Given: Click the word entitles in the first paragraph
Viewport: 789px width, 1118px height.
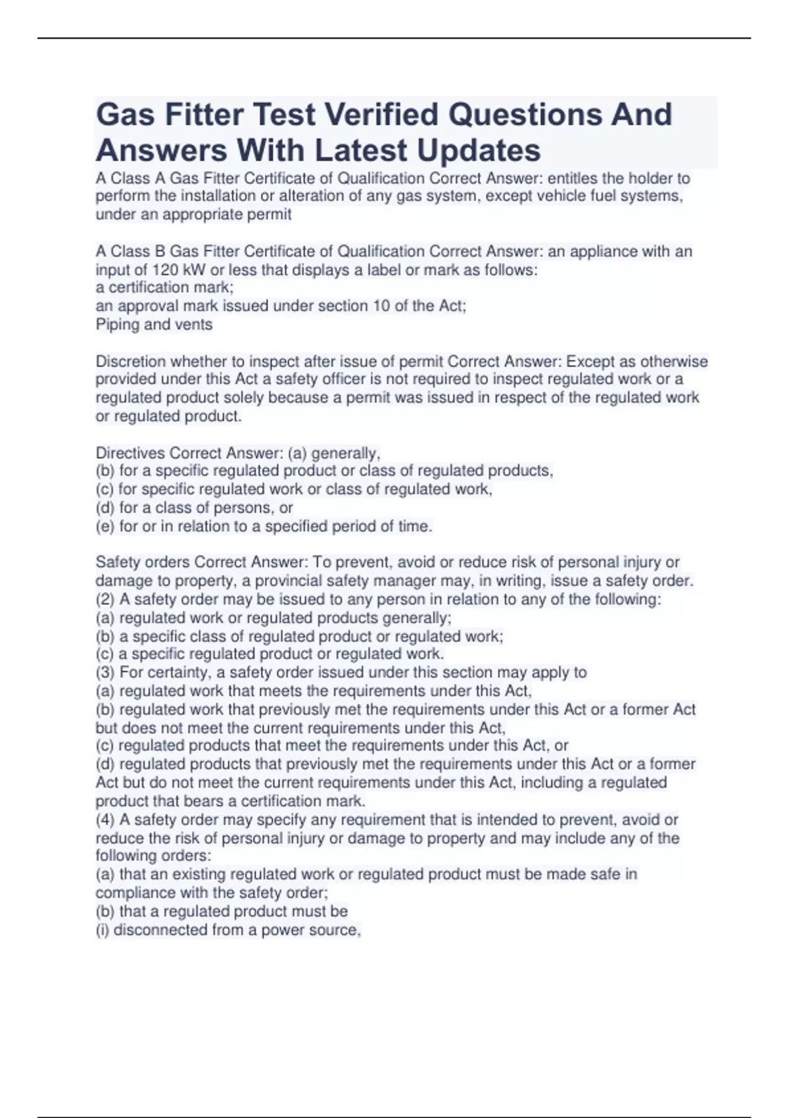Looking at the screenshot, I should point(573,178).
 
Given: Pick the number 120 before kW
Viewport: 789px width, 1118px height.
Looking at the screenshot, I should point(165,270).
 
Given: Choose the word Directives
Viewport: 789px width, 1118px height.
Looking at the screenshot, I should point(130,453).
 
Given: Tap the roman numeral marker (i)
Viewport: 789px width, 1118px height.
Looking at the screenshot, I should point(103,930).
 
